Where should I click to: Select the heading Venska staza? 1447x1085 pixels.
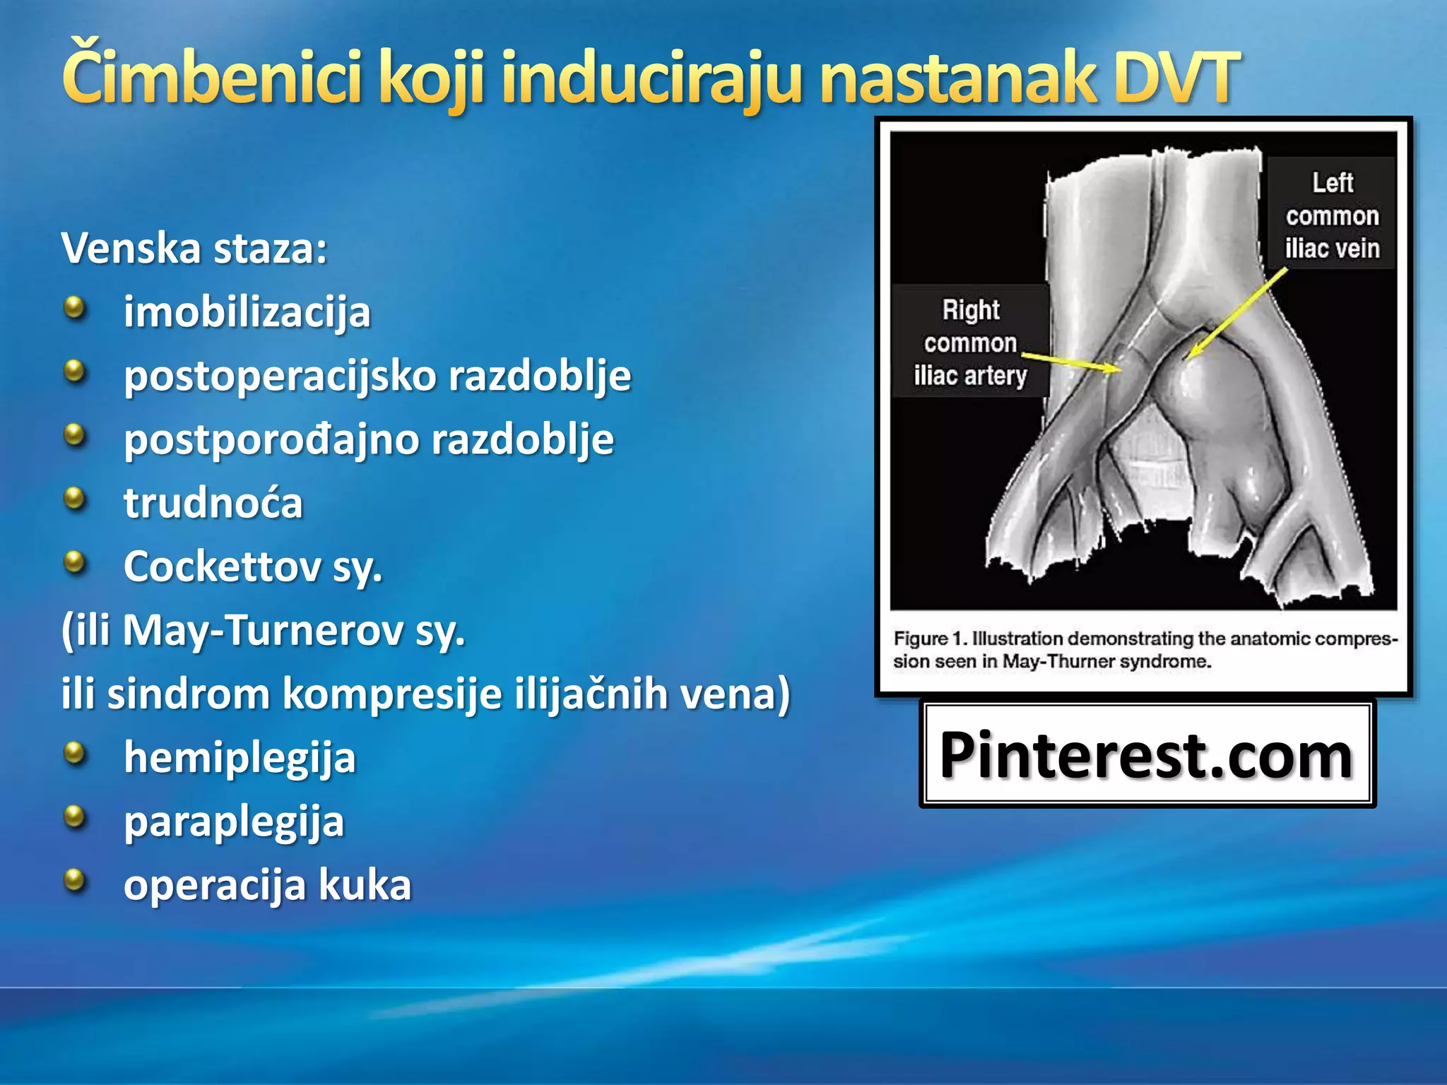pos(194,249)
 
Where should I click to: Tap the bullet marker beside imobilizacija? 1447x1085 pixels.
pos(74,309)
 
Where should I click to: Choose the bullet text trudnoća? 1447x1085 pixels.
pos(213,503)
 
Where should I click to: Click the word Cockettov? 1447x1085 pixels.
pos(222,567)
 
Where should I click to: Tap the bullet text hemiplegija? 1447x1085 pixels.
pos(240,757)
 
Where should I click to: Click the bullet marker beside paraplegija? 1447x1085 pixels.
pos(74,817)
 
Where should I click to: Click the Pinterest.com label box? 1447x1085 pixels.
pos(1146,754)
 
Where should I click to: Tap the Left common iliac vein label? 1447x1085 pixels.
pos(1331,215)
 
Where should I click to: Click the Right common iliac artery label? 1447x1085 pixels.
pos(969,343)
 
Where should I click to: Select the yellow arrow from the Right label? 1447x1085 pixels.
pos(1070,361)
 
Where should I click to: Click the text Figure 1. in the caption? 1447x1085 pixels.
pos(929,639)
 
